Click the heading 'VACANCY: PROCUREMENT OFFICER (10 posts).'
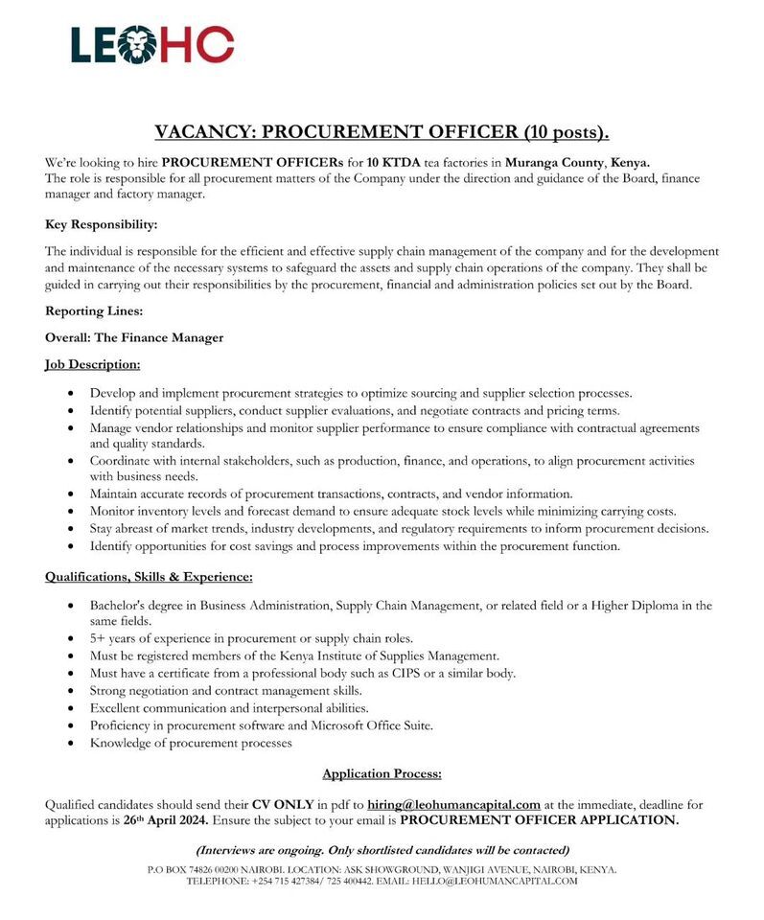coord(382,131)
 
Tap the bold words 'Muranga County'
coord(557,162)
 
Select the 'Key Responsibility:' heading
coord(101,224)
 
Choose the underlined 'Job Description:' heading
coord(92,364)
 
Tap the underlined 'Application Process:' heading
coord(382,773)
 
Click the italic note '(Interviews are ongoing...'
coord(382,850)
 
